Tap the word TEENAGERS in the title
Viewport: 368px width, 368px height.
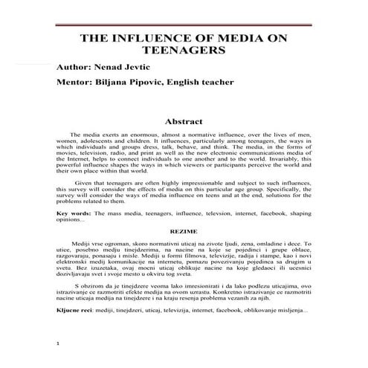coord(184,53)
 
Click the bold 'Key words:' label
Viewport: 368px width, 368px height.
coord(74,213)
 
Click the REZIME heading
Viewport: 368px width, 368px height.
coord(184,231)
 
